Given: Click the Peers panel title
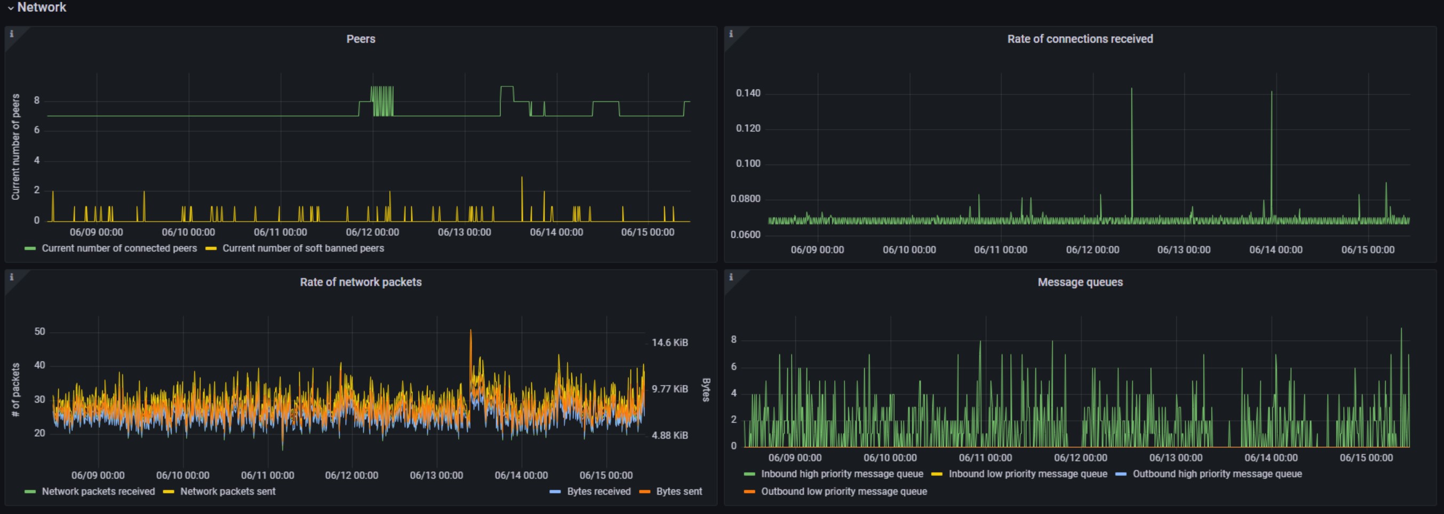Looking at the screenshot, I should click(361, 39).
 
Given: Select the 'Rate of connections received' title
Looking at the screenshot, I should click(1080, 39).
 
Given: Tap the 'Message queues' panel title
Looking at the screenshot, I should click(1080, 283).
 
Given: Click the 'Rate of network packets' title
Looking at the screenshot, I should click(361, 283).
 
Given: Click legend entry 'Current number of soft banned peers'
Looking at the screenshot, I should click(302, 248).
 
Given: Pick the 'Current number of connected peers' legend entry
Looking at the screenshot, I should click(119, 248).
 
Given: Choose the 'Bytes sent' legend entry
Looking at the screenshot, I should click(679, 492).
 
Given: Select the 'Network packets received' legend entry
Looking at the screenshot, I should click(98, 492).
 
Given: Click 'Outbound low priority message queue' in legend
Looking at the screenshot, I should click(844, 492).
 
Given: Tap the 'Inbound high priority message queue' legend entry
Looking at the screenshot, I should click(841, 474).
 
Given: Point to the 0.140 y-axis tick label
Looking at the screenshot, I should click(748, 93).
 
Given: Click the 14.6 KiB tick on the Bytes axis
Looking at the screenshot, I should click(669, 342).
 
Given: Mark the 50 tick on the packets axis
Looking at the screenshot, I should click(39, 332).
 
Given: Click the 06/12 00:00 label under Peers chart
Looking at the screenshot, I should click(372, 232).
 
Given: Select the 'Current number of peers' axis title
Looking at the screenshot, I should click(15, 147).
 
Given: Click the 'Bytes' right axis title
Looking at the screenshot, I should click(706, 390).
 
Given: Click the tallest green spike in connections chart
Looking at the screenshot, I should click(1131, 90).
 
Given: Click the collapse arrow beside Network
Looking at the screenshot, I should click(10, 9).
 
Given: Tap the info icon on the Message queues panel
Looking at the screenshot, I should click(730, 277).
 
